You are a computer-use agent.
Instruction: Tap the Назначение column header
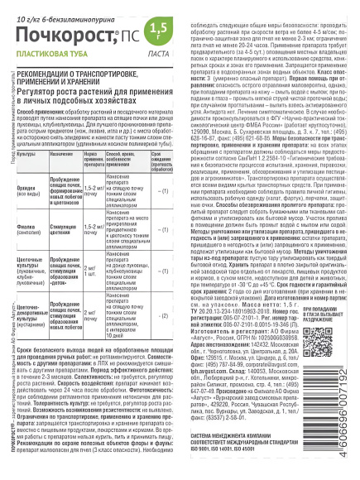coord(71,154)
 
